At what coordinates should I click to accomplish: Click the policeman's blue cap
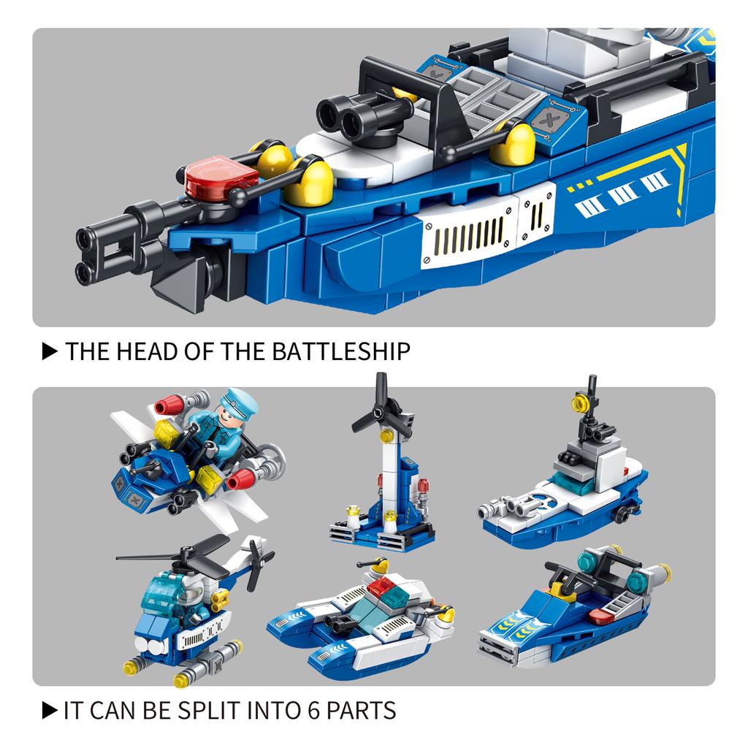pos(240,402)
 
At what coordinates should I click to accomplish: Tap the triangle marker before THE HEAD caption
pos(50,351)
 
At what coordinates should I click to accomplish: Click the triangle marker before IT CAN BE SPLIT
pos(50,710)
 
